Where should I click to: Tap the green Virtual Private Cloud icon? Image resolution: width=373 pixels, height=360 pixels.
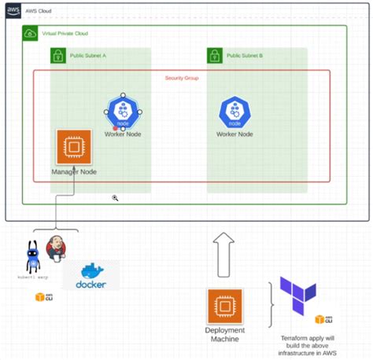click(x=30, y=34)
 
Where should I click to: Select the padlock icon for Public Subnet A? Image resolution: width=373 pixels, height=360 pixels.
click(x=57, y=56)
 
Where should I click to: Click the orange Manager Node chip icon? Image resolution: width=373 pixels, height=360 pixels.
click(x=74, y=147)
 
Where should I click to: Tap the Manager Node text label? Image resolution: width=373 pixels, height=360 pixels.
click(x=74, y=171)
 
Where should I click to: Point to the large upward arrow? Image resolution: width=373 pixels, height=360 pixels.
click(x=223, y=255)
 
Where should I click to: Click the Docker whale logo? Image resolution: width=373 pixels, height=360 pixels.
click(x=90, y=276)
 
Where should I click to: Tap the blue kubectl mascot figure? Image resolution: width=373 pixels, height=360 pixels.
click(x=35, y=255)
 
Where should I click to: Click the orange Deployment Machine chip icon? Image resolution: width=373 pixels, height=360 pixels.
click(x=224, y=306)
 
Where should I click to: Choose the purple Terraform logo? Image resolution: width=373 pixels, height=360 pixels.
click(x=297, y=295)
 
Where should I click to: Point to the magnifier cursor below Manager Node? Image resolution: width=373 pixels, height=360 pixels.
click(x=115, y=200)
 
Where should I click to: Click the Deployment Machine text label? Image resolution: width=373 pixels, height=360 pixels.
click(x=224, y=335)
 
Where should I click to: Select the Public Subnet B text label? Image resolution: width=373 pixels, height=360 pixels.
click(x=245, y=56)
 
